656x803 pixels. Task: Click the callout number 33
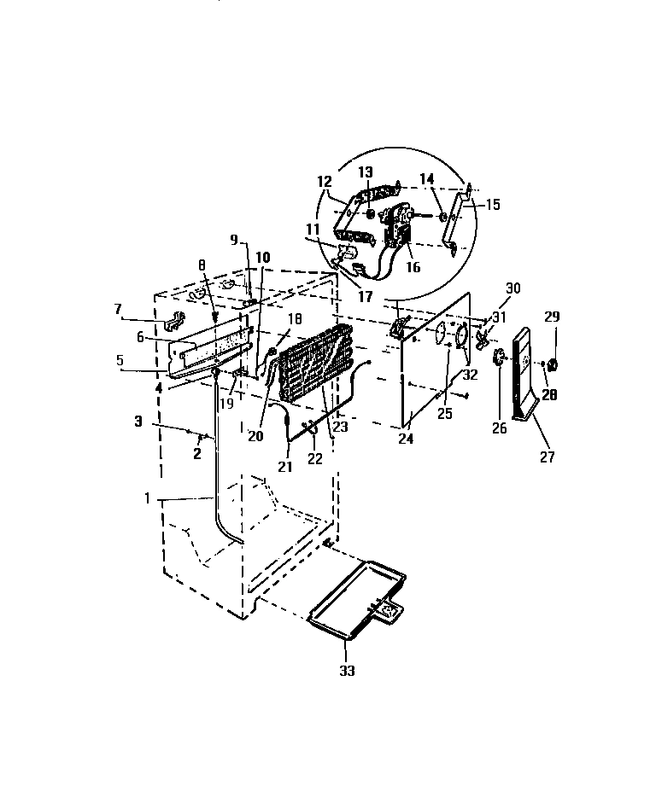[x=346, y=671]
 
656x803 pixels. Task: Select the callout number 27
[x=548, y=457]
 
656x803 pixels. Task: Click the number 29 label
[x=553, y=317]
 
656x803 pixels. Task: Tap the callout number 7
[x=119, y=308]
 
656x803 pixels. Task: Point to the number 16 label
[x=413, y=267]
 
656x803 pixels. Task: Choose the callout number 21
[x=284, y=466]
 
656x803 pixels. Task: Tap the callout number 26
[x=500, y=428]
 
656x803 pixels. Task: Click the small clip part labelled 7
[x=174, y=321]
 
